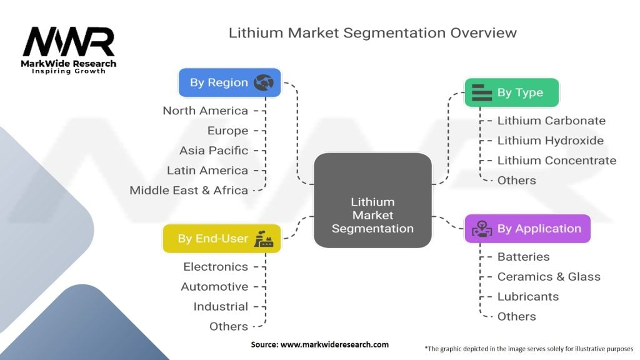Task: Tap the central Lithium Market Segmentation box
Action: point(372,215)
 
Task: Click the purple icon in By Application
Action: point(481,229)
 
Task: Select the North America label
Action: point(205,111)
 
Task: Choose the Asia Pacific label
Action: point(213,151)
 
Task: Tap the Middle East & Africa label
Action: point(189,190)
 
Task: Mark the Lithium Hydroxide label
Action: point(550,141)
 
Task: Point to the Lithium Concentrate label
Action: point(556,161)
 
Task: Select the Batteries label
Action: point(523,257)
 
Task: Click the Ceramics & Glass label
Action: point(548,277)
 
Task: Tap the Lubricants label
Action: point(527,297)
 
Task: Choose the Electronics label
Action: point(216,267)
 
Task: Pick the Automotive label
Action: point(214,287)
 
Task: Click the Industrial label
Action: point(221,307)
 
